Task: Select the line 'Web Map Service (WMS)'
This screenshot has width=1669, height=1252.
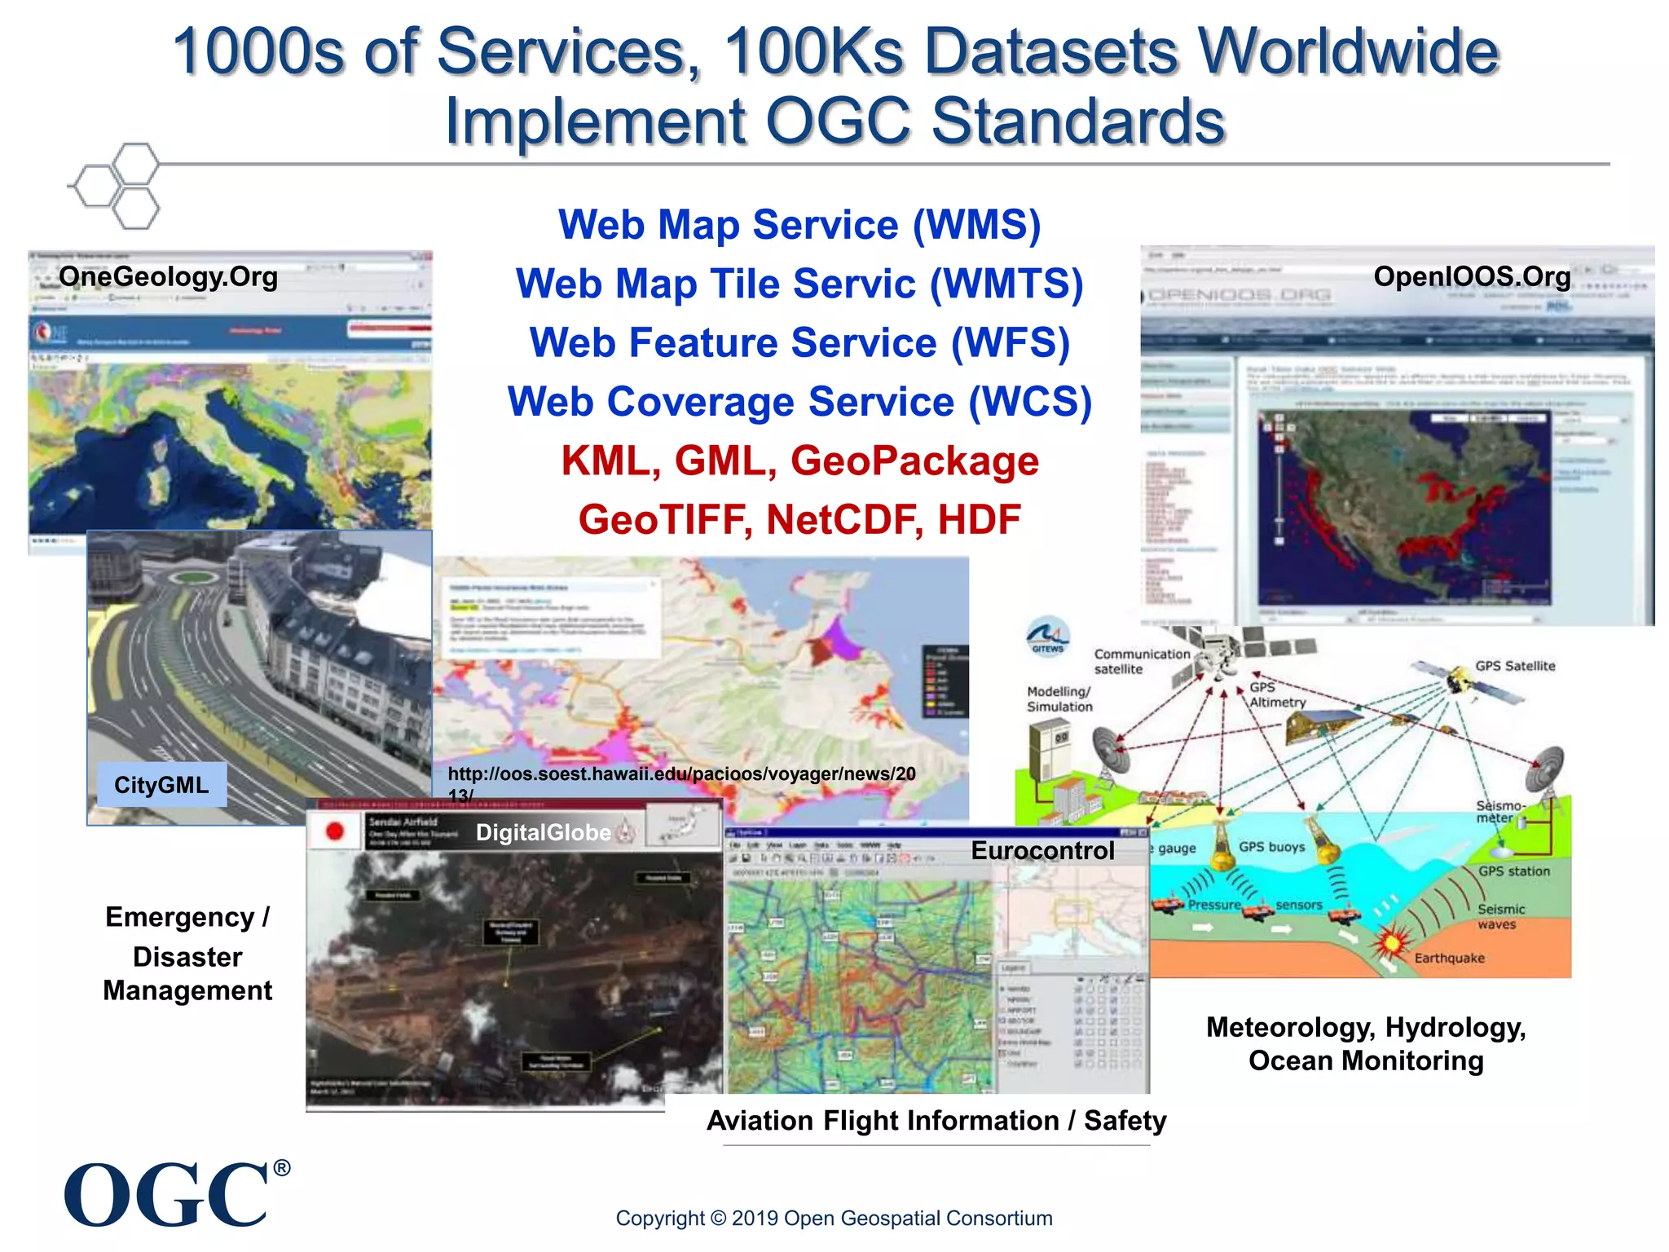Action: point(799,225)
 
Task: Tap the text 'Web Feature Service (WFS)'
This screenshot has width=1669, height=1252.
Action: point(799,342)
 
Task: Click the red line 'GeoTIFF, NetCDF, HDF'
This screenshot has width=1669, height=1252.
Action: point(799,520)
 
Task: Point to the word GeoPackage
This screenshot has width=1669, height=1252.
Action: point(914,461)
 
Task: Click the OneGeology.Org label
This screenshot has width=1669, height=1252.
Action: point(168,276)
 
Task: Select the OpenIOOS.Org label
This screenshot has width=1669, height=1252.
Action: point(1472,276)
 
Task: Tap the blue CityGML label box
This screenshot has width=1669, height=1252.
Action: point(161,785)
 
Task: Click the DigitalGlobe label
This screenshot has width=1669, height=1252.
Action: point(544,832)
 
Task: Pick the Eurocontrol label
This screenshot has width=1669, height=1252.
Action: point(1042,850)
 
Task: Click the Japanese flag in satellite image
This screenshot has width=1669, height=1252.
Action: point(334,831)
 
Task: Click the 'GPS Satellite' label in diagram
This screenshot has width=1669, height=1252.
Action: point(1514,666)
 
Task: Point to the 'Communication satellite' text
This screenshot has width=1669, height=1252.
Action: point(1141,661)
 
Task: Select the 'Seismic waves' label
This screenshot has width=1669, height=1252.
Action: point(1500,916)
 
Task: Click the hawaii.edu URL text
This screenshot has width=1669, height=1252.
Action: point(681,774)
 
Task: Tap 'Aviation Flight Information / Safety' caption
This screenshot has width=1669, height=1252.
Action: point(936,1121)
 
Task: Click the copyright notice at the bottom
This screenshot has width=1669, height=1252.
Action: point(834,1218)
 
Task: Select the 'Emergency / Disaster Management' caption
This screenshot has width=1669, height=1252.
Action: point(187,954)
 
